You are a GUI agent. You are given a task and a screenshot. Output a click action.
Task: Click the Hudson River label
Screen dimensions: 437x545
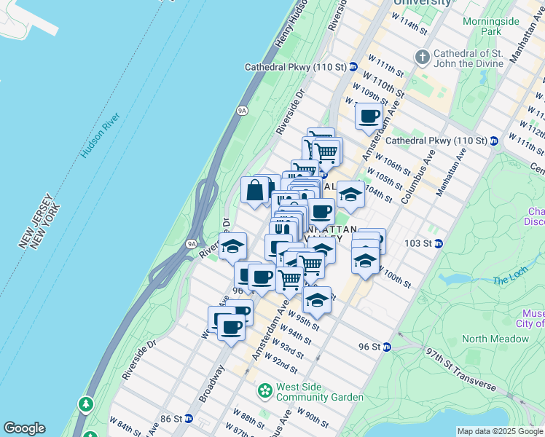pyautogui.click(x=100, y=136)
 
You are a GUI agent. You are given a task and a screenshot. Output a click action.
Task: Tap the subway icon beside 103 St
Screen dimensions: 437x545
pyautogui.click(x=439, y=243)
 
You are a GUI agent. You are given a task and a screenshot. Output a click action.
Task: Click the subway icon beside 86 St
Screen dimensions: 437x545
pyautogui.click(x=189, y=419)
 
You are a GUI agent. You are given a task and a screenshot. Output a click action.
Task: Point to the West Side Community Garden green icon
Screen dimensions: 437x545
pyautogui.click(x=264, y=391)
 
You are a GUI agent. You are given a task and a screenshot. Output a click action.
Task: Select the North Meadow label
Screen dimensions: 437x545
pyautogui.click(x=495, y=339)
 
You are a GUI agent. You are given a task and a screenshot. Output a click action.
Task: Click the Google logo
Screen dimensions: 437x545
pyautogui.click(x=24, y=428)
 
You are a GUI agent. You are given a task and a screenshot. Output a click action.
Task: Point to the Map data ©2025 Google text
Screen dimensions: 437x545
pyautogui.click(x=500, y=431)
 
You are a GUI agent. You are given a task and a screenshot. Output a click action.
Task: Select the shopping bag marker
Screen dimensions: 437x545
pyautogui.click(x=256, y=190)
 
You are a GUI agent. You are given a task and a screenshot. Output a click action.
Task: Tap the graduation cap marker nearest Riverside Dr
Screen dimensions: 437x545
pyautogui.click(x=233, y=246)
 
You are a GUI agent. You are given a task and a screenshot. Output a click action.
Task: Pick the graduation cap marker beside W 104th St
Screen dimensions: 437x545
pyautogui.click(x=350, y=194)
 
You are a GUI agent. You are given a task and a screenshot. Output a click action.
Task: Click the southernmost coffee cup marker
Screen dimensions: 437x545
pyautogui.click(x=232, y=327)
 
